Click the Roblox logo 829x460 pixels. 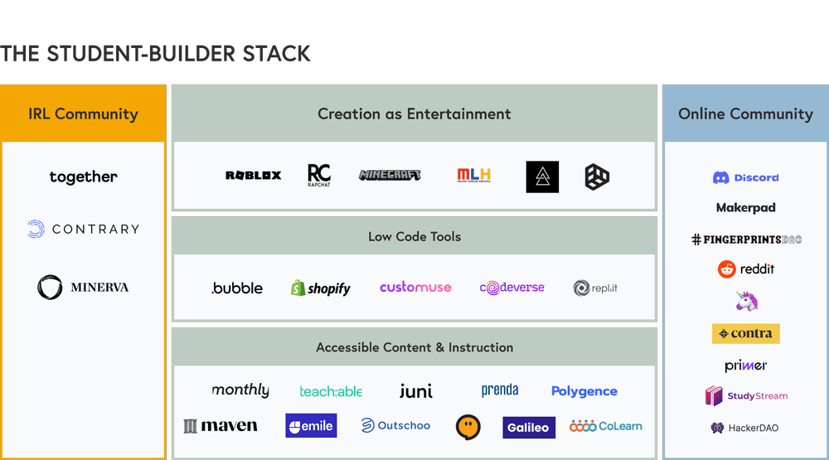tap(253, 175)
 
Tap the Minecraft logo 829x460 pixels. tap(390, 175)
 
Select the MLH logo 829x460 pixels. tap(474, 175)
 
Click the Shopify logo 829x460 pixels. tap(320, 288)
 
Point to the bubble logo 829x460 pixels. tap(237, 288)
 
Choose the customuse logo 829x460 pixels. tap(415, 288)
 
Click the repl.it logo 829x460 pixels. tap(595, 288)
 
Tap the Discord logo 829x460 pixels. tap(745, 177)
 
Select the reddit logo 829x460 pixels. tap(745, 269)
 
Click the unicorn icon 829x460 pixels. tap(747, 302)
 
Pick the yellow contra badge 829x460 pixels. tap(745, 333)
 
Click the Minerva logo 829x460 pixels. tap(83, 287)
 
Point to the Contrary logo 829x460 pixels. tap(83, 229)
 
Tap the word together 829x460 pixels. tap(83, 177)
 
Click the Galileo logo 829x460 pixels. tap(528, 427)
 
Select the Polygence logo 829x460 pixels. tap(584, 391)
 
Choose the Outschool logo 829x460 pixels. tap(395, 425)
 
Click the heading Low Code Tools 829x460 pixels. tap(414, 236)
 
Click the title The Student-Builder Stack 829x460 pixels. tap(156, 54)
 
